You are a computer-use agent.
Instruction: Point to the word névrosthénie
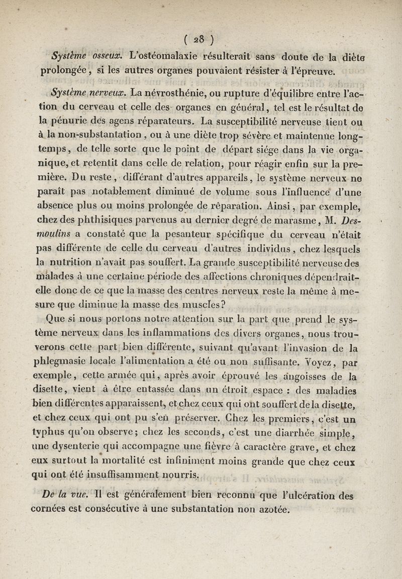pyautogui.click(x=162, y=92)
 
